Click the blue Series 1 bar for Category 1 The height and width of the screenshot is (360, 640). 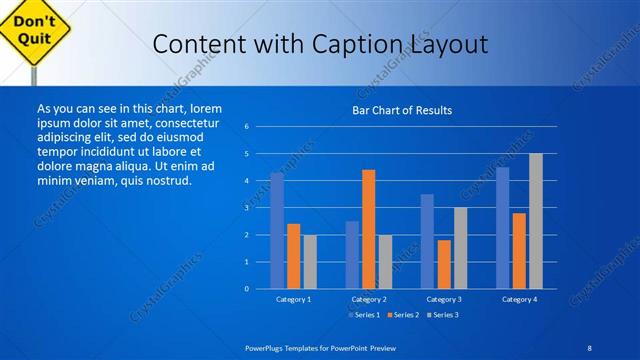coord(277,230)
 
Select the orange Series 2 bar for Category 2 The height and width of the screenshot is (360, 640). coord(368,228)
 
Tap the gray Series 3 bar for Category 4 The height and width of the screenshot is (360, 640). coord(536,220)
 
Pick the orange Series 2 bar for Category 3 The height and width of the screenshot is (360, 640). coord(443,264)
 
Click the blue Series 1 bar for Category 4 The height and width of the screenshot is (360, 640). coord(502,227)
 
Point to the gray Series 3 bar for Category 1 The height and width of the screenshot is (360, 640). coord(310,261)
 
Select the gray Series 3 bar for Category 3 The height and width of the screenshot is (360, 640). coord(460,247)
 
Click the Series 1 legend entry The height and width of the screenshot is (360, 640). coord(363,315)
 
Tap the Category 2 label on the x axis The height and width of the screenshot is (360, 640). coord(368,299)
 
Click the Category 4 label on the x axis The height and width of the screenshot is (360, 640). coord(519,299)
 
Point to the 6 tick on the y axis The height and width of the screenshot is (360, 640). coord(246,127)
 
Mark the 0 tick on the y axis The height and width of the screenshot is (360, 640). coord(246,289)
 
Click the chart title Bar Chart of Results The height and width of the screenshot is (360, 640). coord(402,109)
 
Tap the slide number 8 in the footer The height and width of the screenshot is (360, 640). coord(590,346)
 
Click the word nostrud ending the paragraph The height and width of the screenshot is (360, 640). coord(165,180)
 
